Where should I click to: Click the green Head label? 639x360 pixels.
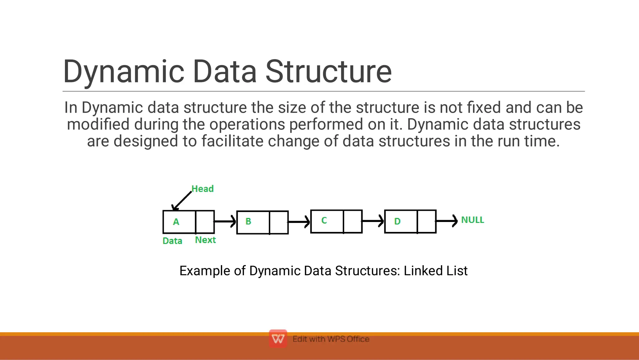tap(202, 189)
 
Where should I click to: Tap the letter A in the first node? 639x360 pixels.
tap(176, 222)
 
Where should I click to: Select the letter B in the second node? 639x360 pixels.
tap(248, 221)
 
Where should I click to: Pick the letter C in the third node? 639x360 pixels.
tap(324, 220)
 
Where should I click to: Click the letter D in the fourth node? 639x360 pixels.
tap(397, 221)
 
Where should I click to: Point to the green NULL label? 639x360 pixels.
tap(472, 220)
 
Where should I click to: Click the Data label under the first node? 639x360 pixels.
tap(172, 241)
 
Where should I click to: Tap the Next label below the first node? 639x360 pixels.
tap(205, 240)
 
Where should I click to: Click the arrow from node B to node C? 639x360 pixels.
tap(299, 222)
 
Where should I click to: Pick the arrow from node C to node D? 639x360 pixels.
tap(373, 221)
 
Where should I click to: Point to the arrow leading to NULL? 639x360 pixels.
tap(446, 221)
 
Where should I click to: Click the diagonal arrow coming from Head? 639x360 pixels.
tap(182, 201)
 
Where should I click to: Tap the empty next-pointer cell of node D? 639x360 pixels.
tap(427, 221)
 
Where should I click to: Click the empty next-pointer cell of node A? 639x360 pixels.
tap(205, 222)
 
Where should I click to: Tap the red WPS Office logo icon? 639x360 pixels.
tap(278, 338)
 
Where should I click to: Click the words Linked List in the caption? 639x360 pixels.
tap(436, 271)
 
